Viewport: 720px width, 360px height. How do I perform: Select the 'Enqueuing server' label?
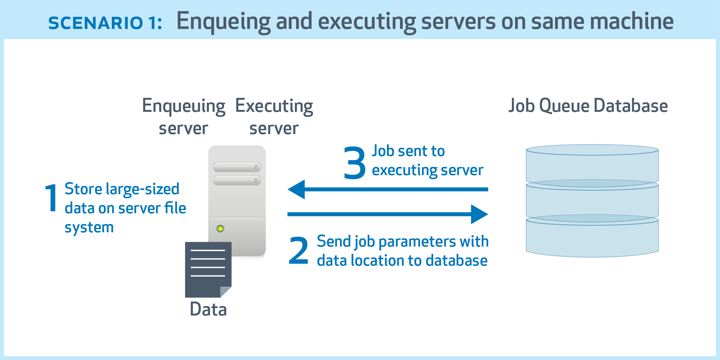184,117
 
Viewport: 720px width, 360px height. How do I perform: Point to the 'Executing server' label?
274,117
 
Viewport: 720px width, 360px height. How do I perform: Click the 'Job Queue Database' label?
588,106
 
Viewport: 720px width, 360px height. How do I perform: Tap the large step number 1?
51,198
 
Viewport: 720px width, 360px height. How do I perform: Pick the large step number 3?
355,162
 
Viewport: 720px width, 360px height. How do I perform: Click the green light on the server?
220,228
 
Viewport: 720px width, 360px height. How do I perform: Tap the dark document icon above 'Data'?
207,267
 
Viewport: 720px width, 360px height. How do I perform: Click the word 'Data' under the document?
208,309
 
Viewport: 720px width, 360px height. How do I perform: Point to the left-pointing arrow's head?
297,189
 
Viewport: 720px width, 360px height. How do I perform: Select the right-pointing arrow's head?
479,214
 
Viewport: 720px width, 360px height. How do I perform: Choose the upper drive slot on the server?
237,167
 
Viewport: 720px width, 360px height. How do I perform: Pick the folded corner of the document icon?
226,291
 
